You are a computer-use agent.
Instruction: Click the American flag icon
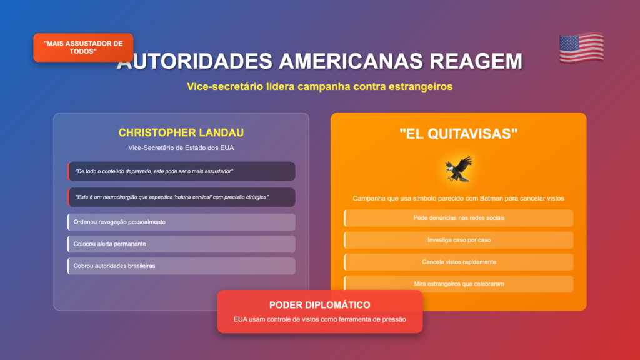click(581, 47)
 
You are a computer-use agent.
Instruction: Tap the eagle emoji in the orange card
click(458, 169)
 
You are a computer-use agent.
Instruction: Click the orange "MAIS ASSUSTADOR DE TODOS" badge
click(83, 47)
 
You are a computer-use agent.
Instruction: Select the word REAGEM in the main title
click(476, 61)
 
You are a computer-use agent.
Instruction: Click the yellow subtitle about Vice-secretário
click(319, 86)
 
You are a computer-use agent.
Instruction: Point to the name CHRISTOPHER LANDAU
click(181, 132)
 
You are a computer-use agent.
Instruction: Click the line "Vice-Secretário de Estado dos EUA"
click(181, 147)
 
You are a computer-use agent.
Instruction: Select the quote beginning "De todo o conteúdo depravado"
click(154, 171)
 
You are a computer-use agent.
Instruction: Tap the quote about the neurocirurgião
click(172, 197)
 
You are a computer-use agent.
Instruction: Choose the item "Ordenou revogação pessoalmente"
click(119, 222)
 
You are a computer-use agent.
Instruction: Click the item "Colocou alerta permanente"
click(109, 244)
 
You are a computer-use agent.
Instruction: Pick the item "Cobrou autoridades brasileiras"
click(114, 266)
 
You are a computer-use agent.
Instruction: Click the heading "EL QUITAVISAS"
click(458, 134)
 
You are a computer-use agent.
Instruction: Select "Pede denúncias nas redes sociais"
click(459, 218)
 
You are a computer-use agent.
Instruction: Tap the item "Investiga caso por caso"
click(459, 240)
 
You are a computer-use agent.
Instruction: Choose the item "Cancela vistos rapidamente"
click(459, 262)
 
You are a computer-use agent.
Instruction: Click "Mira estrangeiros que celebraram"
click(459, 284)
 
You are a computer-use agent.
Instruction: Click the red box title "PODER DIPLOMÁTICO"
click(319, 305)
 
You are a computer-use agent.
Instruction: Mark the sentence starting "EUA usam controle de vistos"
click(319, 319)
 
